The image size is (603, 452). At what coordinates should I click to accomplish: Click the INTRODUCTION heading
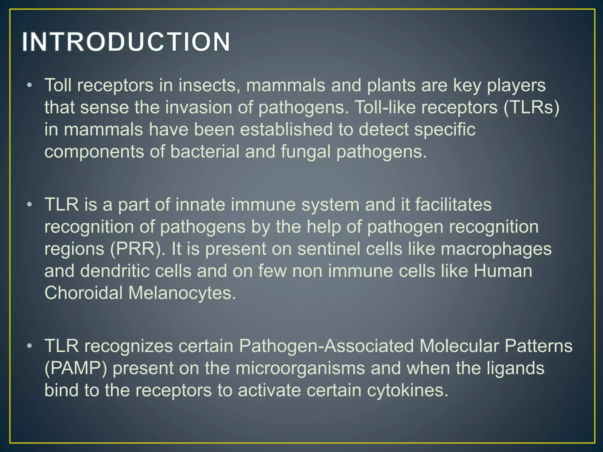pos(126,42)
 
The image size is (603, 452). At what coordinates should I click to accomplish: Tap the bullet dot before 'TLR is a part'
pos(29,205)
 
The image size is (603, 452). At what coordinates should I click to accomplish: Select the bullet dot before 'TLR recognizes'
pos(29,346)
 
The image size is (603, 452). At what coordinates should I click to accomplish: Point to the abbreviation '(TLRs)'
pos(531,107)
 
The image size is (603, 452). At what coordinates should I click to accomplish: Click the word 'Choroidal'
pos(83,293)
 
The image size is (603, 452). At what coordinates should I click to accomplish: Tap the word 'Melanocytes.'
pos(182,293)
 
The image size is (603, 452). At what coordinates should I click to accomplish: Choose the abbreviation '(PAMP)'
pos(76,368)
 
